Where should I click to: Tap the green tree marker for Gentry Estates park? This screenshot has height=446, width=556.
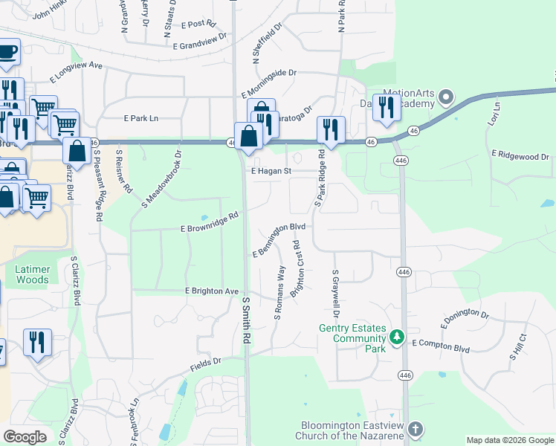pos(397,338)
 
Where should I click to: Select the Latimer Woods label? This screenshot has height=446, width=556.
pos(32,275)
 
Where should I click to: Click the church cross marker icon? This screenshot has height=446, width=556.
pos(415,430)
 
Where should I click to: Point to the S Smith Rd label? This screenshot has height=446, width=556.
pos(246,320)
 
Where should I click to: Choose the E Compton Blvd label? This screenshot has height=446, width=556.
pos(442,344)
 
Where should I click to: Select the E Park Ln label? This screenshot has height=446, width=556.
pos(141,118)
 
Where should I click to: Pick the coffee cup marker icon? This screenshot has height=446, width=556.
pos(7,51)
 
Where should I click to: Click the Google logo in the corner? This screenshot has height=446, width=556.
pos(25,437)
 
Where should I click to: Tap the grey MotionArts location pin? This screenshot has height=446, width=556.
pos(446,97)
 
